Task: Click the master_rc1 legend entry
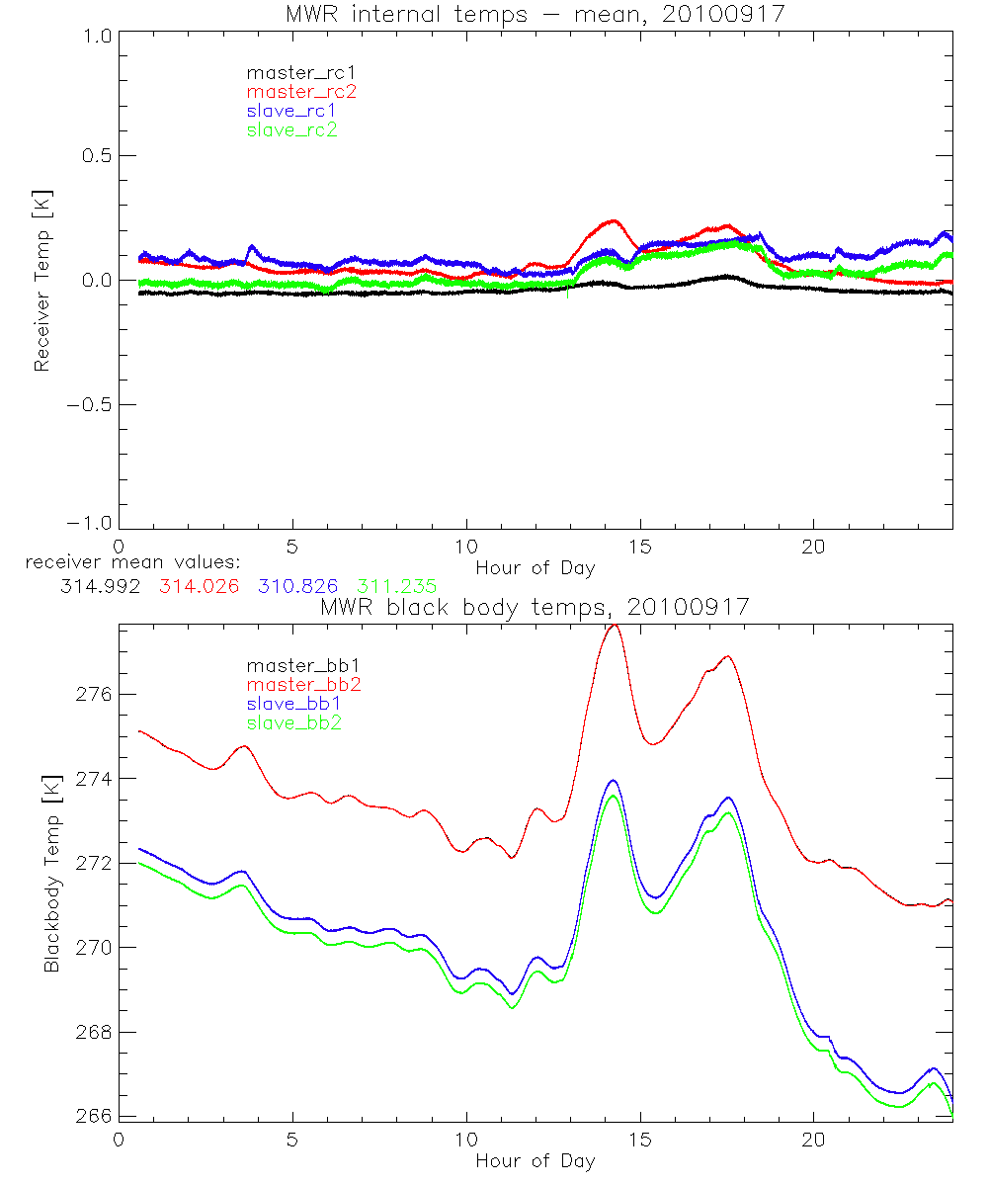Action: tap(292, 73)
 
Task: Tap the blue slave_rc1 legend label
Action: tap(292, 111)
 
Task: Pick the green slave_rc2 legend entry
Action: tap(292, 129)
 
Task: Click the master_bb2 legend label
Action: tap(304, 685)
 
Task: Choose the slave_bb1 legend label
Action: tap(295, 704)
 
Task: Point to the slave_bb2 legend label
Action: tap(295, 722)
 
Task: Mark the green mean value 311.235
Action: tap(398, 586)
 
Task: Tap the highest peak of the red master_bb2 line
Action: tap(614, 625)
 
